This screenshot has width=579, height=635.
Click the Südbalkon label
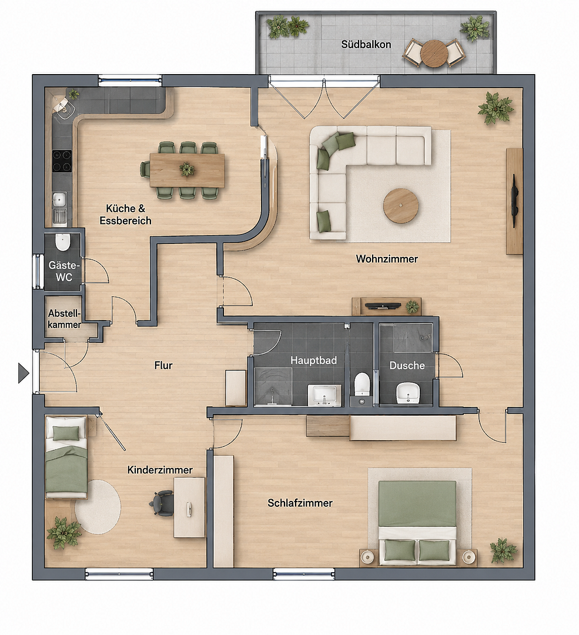click(366, 44)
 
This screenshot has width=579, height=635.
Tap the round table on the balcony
click(434, 53)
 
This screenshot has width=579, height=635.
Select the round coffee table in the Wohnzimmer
click(401, 206)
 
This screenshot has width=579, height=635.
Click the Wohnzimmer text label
click(387, 259)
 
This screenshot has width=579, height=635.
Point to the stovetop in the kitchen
click(62, 161)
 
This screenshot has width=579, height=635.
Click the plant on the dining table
click(187, 169)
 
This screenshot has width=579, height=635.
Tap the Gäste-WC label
click(64, 271)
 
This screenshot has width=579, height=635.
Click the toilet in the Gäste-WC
click(63, 242)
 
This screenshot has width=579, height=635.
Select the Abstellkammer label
click(65, 319)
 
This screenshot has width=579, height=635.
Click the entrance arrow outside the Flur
click(23, 373)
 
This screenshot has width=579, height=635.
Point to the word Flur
click(163, 365)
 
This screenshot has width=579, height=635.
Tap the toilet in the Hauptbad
click(362, 385)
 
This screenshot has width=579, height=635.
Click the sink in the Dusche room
click(407, 392)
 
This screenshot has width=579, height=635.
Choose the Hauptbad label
click(313, 360)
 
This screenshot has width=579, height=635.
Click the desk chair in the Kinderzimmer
click(162, 503)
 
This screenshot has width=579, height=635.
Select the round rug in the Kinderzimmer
click(98, 507)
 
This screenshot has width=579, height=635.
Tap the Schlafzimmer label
click(300, 503)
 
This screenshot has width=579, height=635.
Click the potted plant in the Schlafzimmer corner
click(503, 550)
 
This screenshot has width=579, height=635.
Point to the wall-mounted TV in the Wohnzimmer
click(514, 201)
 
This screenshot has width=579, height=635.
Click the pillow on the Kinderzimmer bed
click(66, 433)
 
